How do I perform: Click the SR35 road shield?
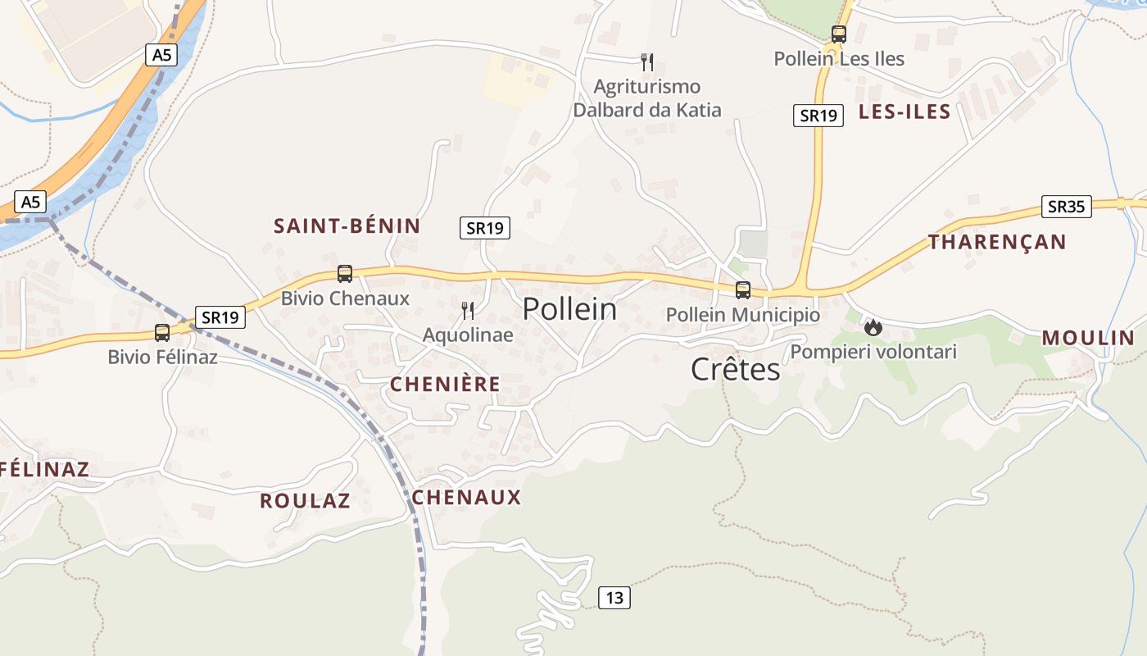1066,207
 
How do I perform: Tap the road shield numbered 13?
614,598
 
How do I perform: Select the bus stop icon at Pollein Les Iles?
838,34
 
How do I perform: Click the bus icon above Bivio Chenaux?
345,274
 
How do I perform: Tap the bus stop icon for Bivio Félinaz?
162,333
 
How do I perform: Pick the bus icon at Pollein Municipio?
742,289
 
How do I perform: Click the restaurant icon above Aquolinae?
468,310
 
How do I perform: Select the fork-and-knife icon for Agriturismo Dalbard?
647,61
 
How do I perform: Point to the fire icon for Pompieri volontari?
873,327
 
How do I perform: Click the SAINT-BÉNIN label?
347,226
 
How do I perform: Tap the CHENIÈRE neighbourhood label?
445,385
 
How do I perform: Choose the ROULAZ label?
305,501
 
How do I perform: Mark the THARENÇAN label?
997,242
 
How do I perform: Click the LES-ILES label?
904,112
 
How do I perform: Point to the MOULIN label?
1088,338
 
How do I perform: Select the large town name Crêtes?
736,370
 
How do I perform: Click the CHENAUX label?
466,498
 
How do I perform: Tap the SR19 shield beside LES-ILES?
818,116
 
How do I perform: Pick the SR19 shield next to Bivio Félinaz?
220,317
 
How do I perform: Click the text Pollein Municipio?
742,315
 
